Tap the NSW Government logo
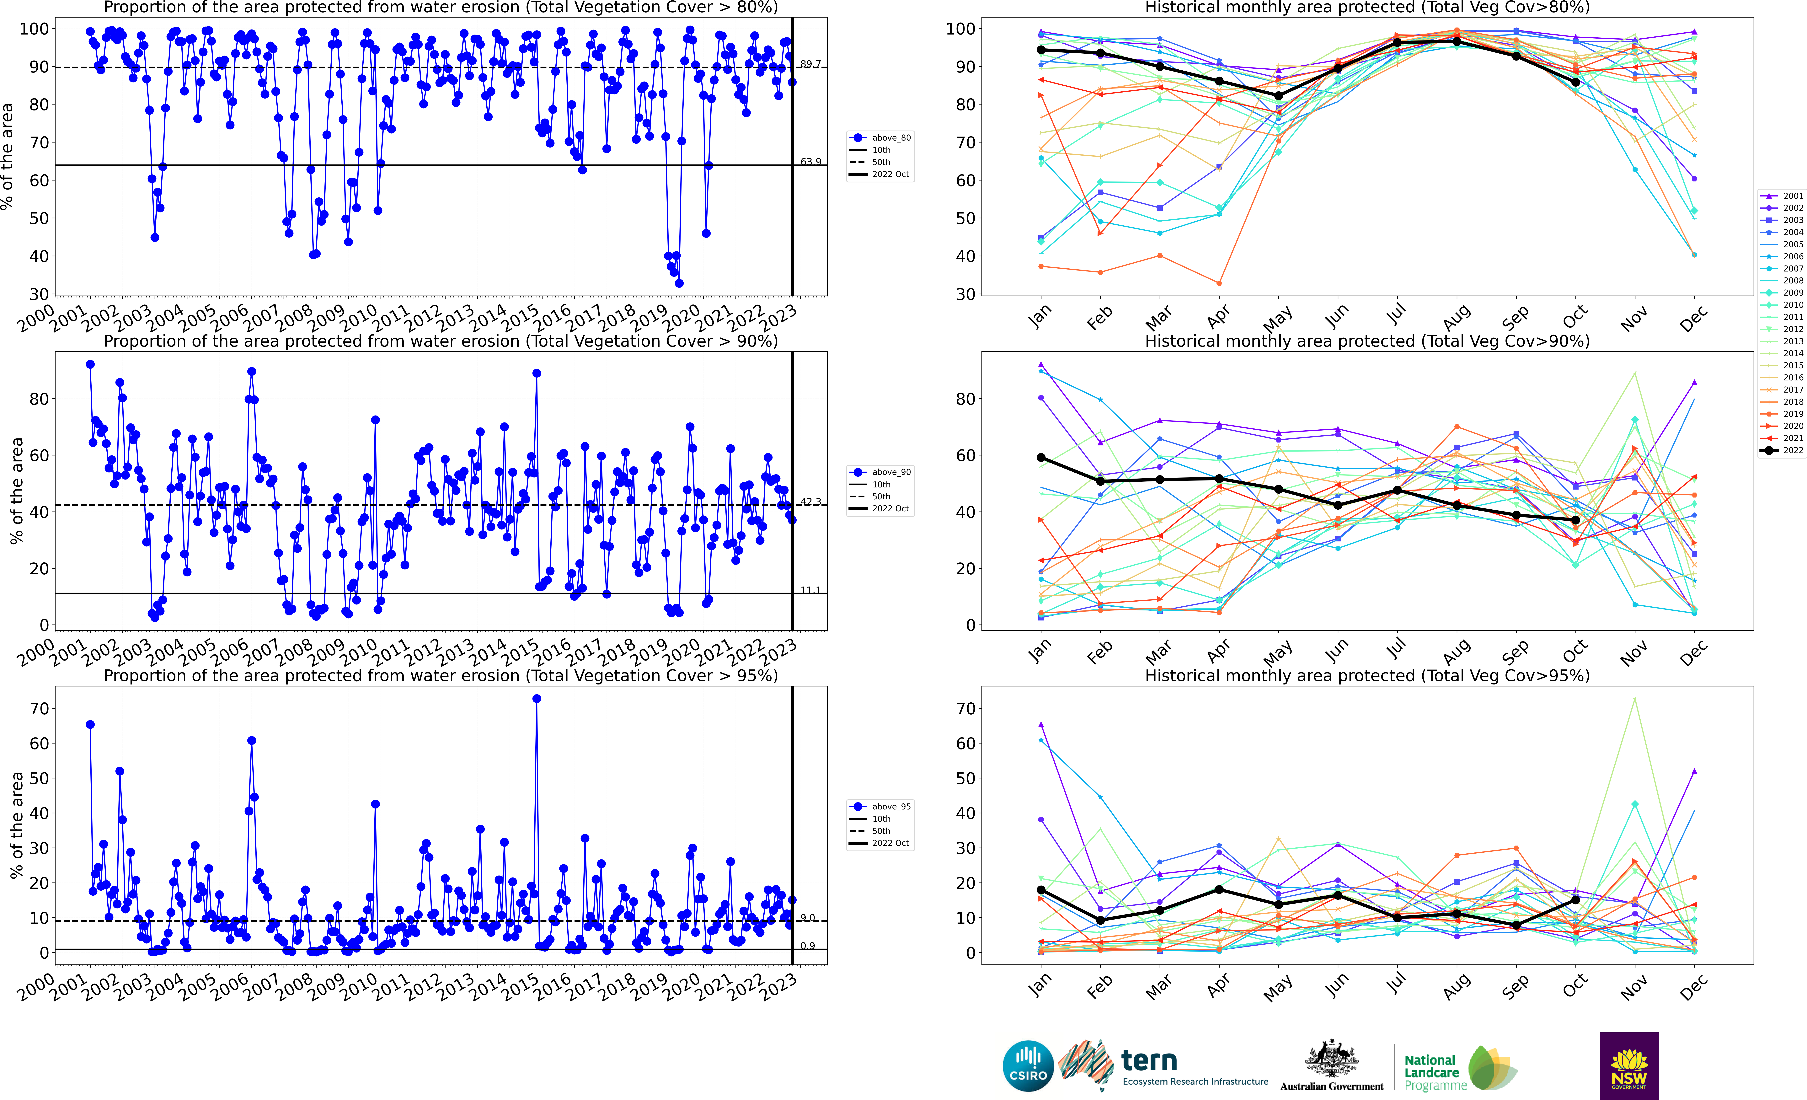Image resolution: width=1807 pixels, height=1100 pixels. (1629, 1065)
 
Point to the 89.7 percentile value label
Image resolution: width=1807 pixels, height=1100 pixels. (810, 65)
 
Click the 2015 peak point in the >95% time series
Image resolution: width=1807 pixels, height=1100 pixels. (537, 699)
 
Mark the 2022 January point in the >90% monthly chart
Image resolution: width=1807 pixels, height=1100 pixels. (1041, 458)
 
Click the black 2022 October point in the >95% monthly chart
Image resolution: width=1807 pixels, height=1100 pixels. (1575, 900)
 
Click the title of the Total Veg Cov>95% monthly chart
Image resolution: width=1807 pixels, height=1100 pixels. (1367, 675)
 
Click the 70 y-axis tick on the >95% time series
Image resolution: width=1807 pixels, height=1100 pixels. (40, 708)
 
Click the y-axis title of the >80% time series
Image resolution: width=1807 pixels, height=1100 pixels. (7, 156)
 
